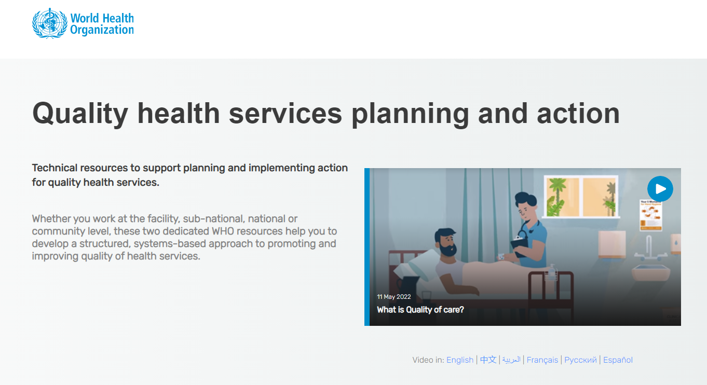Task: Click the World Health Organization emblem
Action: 50,23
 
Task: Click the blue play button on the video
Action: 660,189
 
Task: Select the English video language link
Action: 460,360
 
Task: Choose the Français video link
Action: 542,360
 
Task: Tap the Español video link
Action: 618,360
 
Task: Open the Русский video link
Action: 580,360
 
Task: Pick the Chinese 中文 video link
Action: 488,360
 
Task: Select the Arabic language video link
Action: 511,360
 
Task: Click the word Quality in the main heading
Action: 80,114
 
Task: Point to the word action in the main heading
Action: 578,114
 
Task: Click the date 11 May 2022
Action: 394,297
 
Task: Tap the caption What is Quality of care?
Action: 420,310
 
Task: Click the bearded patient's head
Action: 446,242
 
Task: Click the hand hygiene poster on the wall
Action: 650,215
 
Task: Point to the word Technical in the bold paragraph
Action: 55,168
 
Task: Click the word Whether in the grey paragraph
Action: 51,218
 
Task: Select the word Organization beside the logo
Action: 102,30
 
